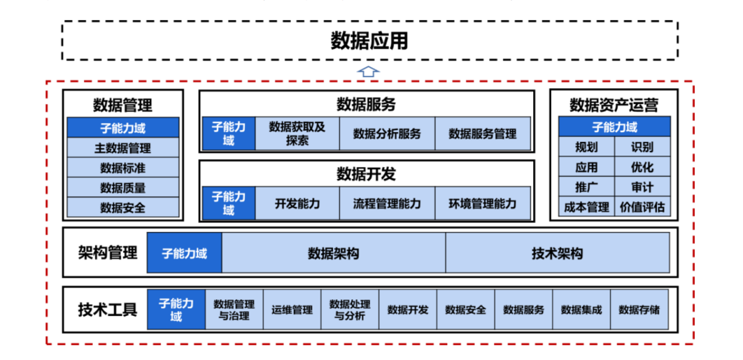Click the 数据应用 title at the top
point(369,41)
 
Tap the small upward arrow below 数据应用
point(369,71)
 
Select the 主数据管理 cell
point(122,148)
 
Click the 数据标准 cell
point(122,168)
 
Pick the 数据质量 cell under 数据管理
point(122,188)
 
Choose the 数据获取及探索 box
point(297,134)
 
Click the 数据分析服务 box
point(387,134)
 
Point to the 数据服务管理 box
point(482,134)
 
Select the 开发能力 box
point(297,204)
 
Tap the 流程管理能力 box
point(387,204)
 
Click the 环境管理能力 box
point(482,204)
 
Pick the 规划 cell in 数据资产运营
point(586,147)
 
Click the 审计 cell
point(642,187)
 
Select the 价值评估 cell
point(642,207)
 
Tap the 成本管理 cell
point(586,207)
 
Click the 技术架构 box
point(557,253)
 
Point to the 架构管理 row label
point(107,253)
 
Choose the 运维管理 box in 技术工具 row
point(292,310)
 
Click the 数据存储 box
point(638,310)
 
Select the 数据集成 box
point(581,310)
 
